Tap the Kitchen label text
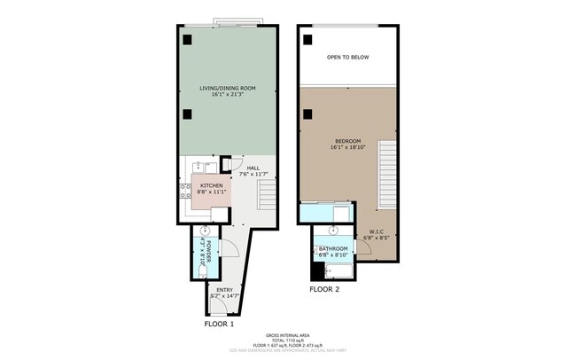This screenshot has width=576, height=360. tap(198, 185)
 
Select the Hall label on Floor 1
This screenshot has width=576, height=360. tap(253, 168)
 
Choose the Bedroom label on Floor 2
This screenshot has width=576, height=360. tap(346, 141)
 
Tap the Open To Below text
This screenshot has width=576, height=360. tap(347, 58)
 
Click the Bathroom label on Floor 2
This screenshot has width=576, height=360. tap(333, 249)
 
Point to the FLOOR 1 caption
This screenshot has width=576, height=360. tap(219, 325)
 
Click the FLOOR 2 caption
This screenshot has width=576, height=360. tap(324, 289)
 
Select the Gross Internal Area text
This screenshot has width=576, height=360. tap(288, 336)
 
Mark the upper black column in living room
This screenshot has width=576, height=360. tap(188, 39)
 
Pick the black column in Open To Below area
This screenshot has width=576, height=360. tap(307, 39)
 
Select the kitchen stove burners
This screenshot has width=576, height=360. tap(212, 166)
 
